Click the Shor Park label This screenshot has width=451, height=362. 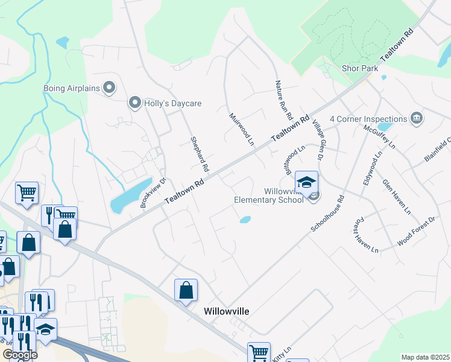point(360,68)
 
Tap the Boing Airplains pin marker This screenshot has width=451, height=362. point(109,89)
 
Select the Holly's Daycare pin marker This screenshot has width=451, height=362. point(135,103)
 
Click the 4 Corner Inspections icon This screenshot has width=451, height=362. point(416,118)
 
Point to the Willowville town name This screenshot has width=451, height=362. point(227,311)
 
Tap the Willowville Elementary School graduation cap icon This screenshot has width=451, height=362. point(306,182)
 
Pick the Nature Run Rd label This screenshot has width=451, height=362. point(283,100)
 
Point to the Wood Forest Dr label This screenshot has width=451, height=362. point(416,232)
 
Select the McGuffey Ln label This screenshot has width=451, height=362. point(379,136)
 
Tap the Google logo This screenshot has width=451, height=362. point(20,355)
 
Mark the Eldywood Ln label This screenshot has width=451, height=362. point(369,170)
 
